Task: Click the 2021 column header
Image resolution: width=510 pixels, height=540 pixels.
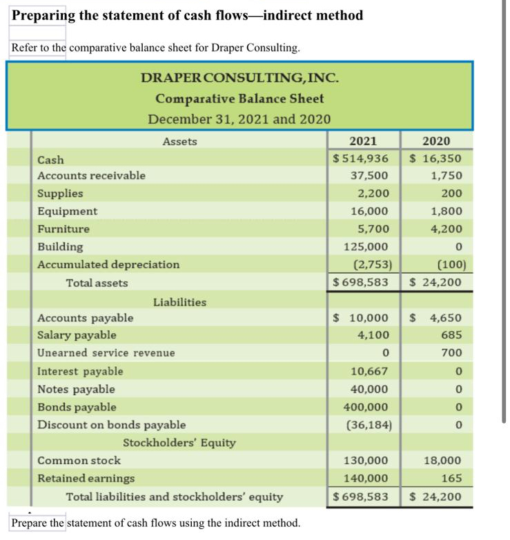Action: point(363,141)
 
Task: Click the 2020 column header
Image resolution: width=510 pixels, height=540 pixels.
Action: point(436,141)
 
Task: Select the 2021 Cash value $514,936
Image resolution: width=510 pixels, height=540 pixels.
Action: point(361,159)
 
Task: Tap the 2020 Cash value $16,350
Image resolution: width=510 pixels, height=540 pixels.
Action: point(435,159)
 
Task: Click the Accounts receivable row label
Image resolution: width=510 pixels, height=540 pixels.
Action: point(91,176)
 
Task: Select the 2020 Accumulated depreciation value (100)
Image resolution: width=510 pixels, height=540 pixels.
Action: point(452,265)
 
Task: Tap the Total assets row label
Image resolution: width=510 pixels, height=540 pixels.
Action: point(97,283)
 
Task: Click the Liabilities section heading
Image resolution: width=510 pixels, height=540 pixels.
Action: point(179,302)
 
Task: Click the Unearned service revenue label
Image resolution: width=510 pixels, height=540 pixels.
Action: point(106,353)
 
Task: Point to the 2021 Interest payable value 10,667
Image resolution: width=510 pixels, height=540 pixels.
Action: point(370,371)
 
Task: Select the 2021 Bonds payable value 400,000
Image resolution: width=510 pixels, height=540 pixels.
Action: point(366,407)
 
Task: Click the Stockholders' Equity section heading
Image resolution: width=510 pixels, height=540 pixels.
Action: point(179,443)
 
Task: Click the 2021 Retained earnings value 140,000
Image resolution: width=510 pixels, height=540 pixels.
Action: point(366,479)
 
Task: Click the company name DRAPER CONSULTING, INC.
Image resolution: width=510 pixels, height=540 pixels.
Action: point(239,78)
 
